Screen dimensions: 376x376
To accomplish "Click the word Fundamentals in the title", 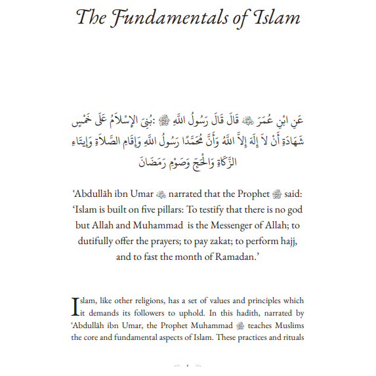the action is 162,18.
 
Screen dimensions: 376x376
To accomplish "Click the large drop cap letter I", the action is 75,306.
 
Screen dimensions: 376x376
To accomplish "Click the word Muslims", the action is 288,325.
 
